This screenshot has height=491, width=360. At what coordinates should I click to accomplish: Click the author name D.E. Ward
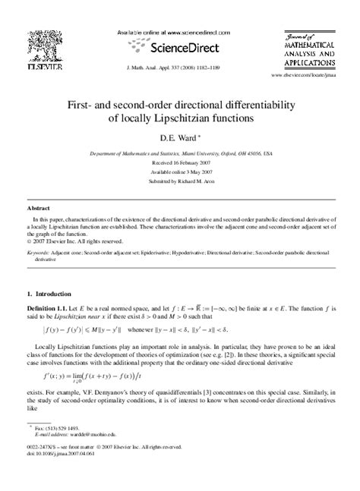pyautogui.click(x=178, y=139)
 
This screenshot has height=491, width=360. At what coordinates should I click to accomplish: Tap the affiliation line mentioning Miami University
pyautogui.click(x=180, y=153)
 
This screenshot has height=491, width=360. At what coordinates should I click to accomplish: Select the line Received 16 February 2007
pyautogui.click(x=180, y=161)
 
